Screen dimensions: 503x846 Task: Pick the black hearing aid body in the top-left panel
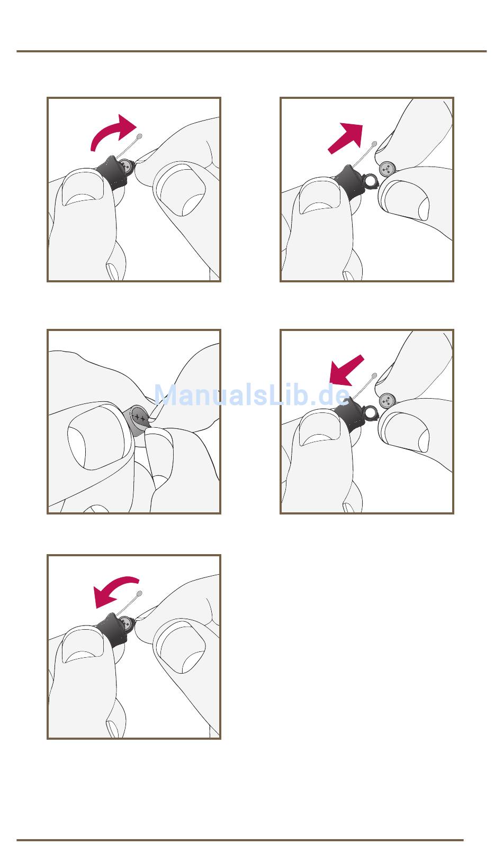(112, 172)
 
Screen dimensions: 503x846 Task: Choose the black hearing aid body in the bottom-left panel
(112, 630)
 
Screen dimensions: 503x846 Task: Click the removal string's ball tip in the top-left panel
(139, 136)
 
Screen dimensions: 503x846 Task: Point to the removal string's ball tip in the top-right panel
(374, 144)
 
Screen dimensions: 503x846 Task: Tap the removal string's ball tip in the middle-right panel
(374, 376)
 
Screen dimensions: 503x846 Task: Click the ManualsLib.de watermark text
(252, 395)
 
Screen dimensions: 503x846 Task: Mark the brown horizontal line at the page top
(251, 51)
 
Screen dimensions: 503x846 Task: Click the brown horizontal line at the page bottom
(240, 840)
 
